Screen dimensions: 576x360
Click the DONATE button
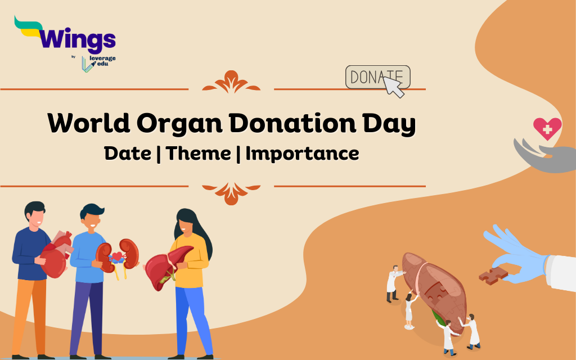[377, 77]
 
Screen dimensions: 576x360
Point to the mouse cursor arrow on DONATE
[393, 87]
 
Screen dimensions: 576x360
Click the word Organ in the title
[179, 123]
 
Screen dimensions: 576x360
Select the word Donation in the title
[292, 123]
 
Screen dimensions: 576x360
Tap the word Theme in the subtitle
[199, 153]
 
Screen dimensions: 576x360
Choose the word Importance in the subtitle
[302, 154]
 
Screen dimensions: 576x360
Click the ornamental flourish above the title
[231, 82]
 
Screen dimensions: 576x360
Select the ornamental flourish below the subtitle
[231, 193]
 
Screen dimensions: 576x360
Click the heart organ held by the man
[56, 255]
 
